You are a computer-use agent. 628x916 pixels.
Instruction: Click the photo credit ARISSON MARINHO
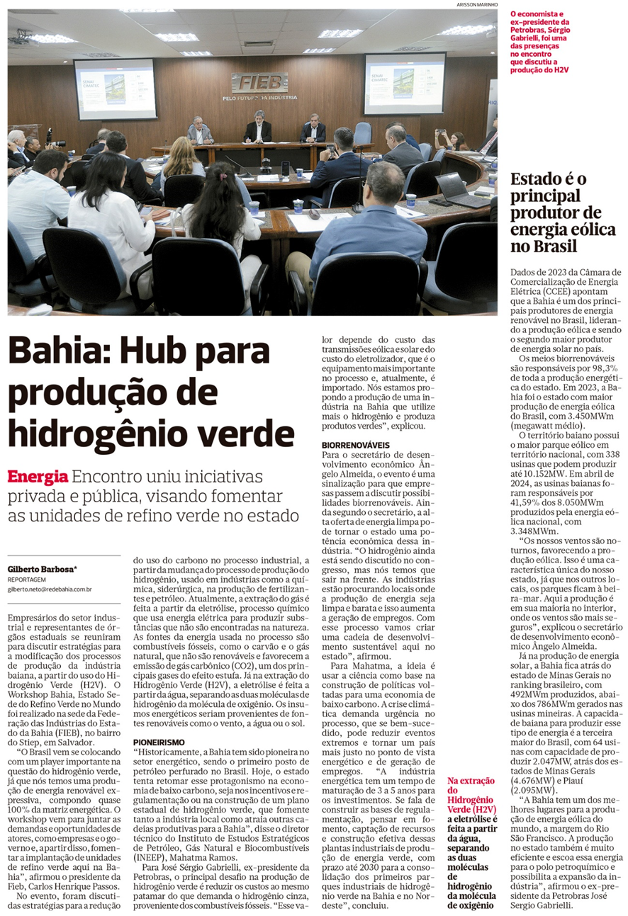coord(477,5)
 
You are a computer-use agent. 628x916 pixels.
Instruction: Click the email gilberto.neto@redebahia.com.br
coord(50,588)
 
